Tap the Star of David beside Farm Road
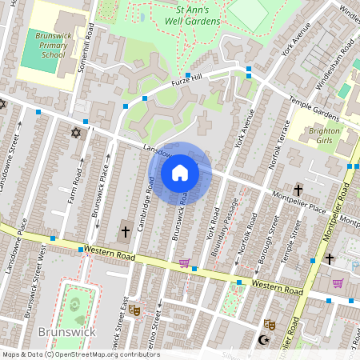tap(77, 133)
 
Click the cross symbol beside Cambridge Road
tap(125, 232)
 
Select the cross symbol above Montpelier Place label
tap(298, 190)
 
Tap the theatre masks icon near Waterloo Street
tap(134, 310)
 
